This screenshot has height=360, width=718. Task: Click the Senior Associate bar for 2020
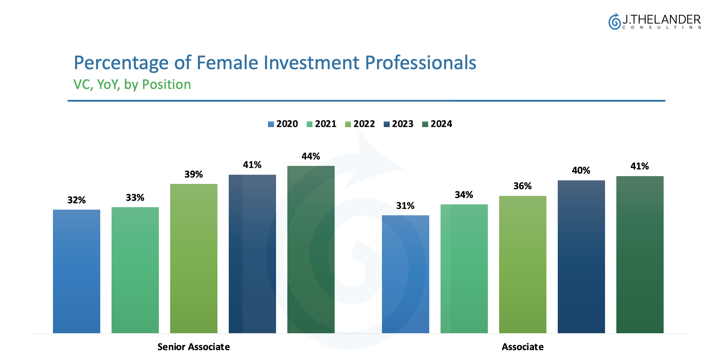77,271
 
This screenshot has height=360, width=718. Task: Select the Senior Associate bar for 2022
194,258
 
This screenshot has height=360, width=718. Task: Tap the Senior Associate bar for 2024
311,250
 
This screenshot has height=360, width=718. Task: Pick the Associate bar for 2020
406,274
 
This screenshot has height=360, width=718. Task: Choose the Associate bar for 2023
581,257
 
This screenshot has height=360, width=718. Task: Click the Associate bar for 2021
464,269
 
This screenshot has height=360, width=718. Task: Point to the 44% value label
311,156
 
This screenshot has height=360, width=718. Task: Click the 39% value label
193,174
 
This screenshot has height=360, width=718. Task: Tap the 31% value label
405,206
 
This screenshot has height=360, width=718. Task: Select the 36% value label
522,186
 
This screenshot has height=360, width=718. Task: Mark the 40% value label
581,170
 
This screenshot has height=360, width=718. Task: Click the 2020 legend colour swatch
271,124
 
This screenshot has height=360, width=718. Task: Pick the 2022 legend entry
360,124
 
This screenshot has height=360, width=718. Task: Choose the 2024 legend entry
437,124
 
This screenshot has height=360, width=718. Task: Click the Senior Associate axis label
193,347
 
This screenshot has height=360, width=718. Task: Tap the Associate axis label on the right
523,347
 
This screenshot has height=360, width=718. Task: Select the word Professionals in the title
420,63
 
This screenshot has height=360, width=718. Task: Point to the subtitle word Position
166,85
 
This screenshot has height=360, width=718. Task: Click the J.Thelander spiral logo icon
614,22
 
